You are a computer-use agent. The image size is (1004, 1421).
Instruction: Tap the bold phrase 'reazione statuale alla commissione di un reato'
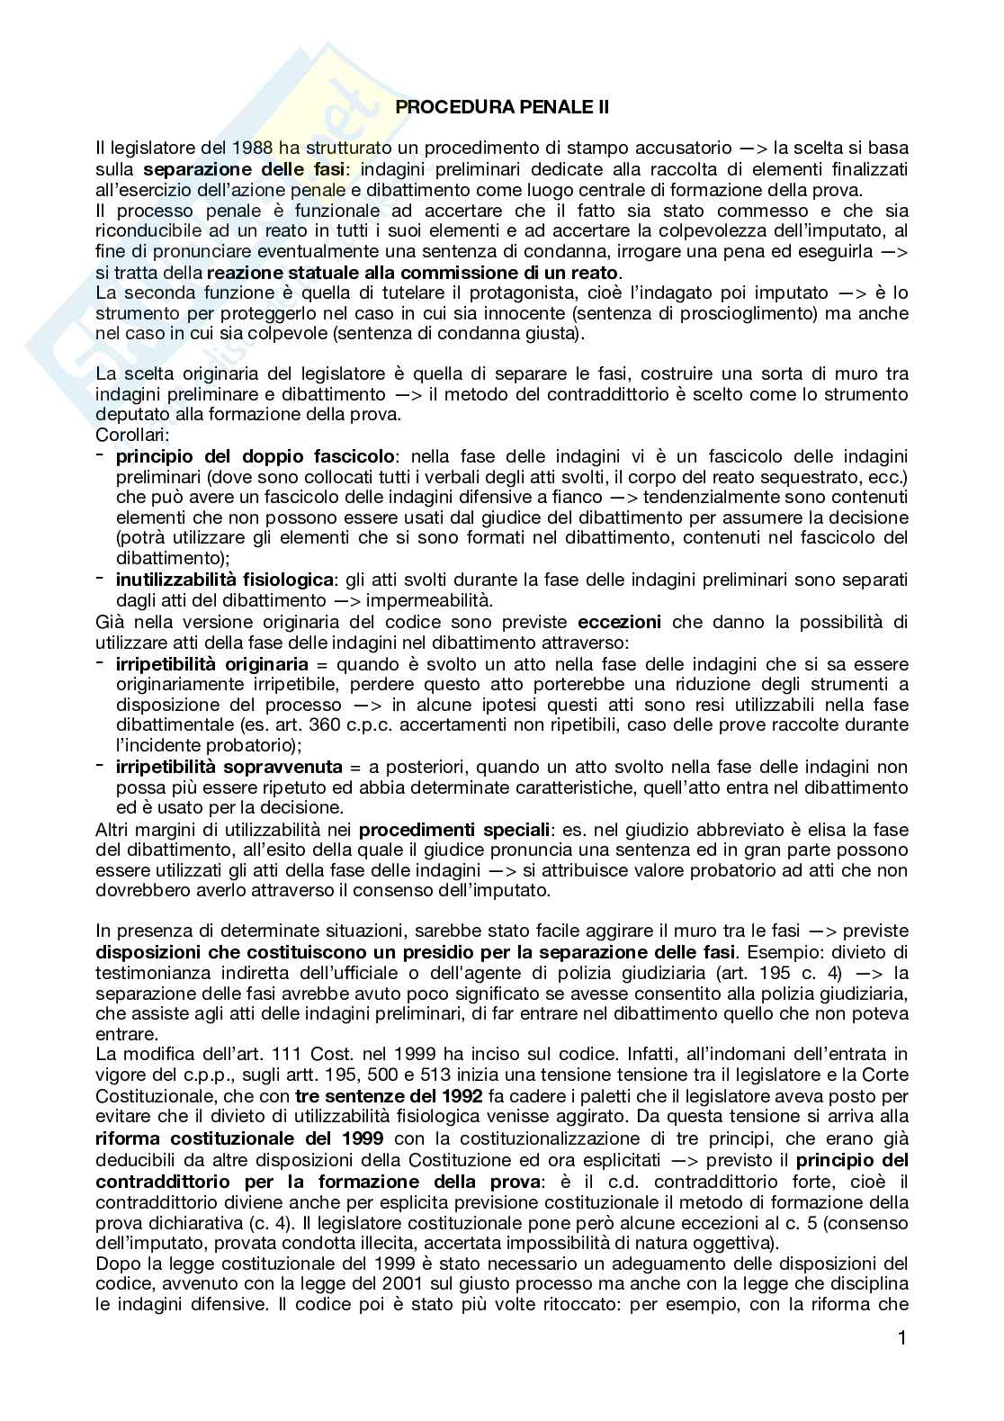tap(413, 273)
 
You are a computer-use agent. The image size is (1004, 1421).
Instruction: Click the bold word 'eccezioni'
tap(619, 622)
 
